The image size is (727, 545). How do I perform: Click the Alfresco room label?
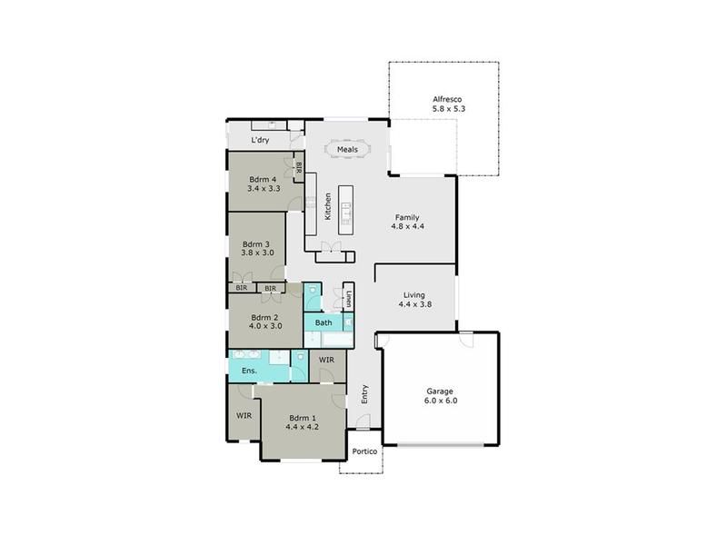(x=447, y=99)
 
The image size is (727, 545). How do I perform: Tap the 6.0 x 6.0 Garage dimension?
(x=441, y=401)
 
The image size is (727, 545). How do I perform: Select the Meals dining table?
(x=347, y=149)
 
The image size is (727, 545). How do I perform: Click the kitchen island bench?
(x=345, y=210)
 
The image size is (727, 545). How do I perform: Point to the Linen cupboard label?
(x=349, y=299)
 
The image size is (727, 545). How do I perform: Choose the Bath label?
(x=324, y=322)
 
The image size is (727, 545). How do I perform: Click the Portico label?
(x=364, y=451)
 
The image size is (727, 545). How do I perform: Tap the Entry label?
(x=364, y=394)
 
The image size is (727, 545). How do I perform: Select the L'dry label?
(x=260, y=140)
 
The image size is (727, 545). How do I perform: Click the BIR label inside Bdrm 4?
(x=299, y=168)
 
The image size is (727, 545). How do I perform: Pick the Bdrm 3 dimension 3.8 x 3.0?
(x=257, y=253)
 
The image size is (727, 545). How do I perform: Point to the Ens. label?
(x=249, y=371)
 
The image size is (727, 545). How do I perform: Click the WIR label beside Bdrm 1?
(x=244, y=416)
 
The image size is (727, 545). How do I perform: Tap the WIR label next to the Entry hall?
(x=326, y=360)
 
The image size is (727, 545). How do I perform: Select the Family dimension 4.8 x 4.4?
(x=407, y=226)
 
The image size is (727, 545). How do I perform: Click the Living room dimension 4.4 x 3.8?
(x=415, y=304)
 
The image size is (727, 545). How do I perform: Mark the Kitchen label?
(x=328, y=206)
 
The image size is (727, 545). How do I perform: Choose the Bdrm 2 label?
(x=264, y=317)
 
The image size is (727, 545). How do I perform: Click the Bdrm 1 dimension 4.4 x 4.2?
(x=302, y=427)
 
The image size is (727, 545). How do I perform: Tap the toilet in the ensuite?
(x=300, y=357)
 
